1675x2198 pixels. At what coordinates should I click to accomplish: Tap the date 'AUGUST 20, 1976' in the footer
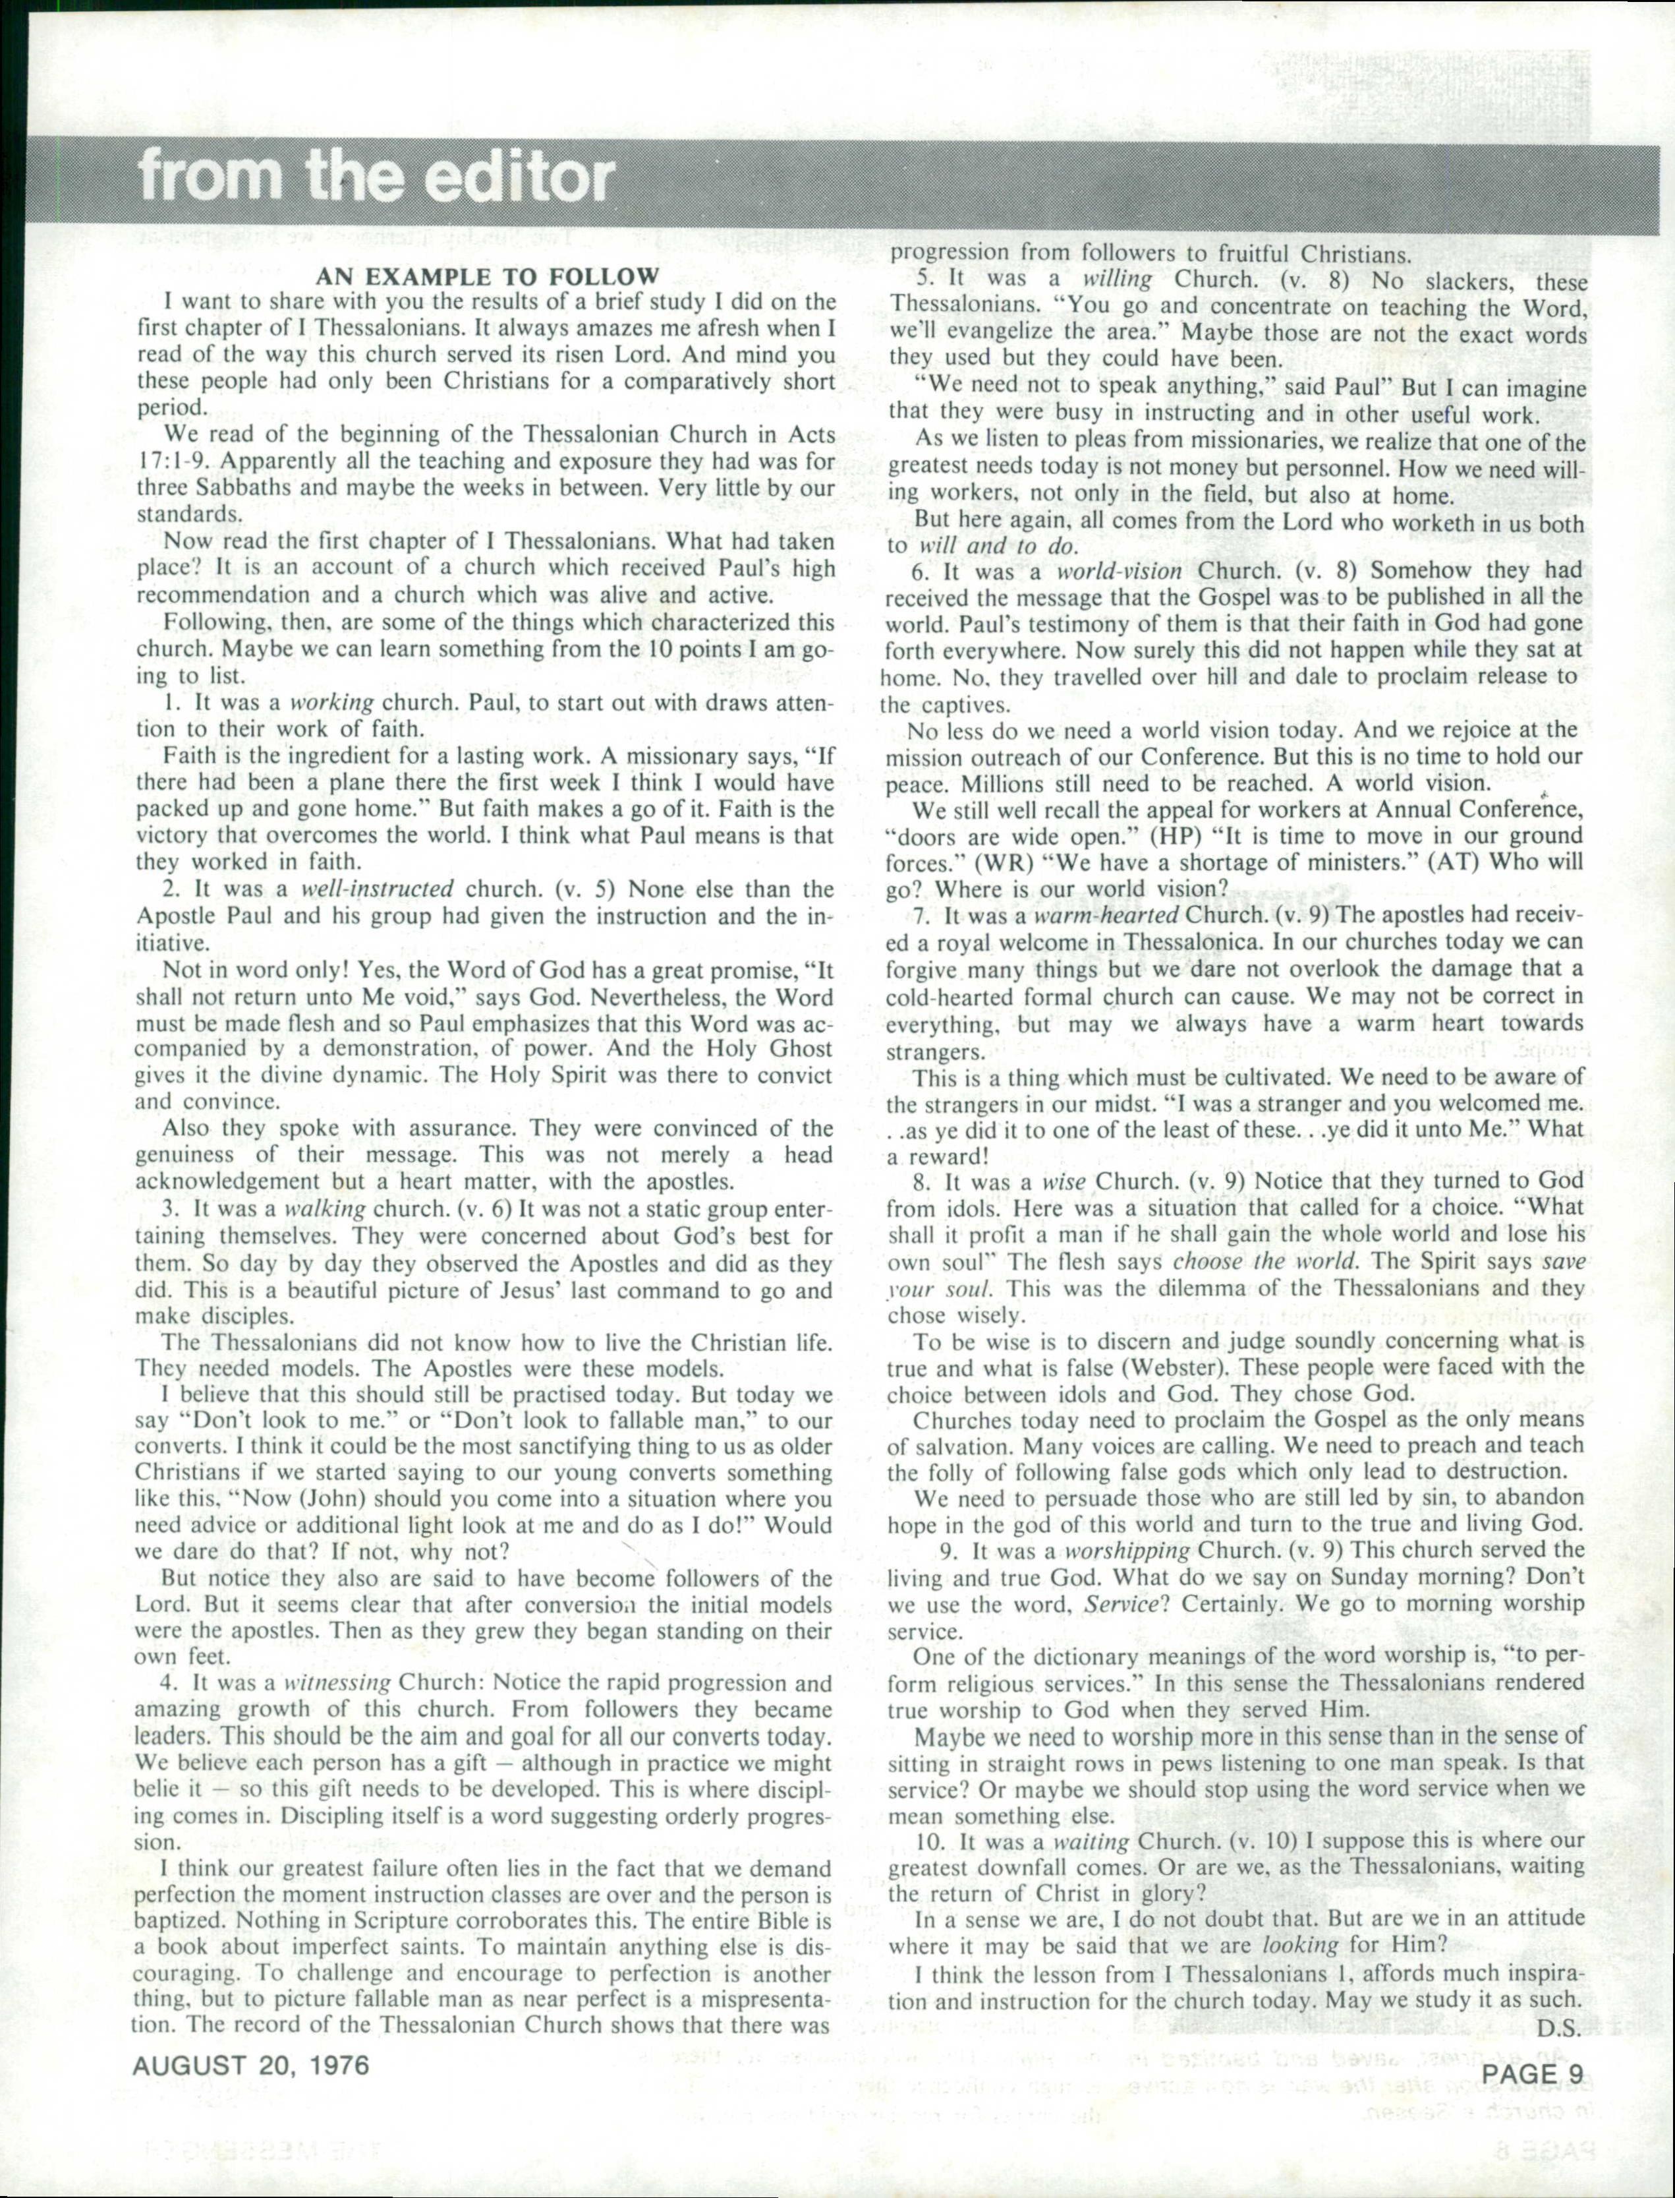coord(251,2064)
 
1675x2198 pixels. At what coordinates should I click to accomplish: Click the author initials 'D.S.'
coord(1560,2029)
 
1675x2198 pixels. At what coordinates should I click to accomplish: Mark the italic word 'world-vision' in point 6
coord(1119,572)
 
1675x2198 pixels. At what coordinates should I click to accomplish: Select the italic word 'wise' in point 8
coord(1063,1183)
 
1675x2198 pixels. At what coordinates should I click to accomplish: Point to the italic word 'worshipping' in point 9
coord(1127,1551)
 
